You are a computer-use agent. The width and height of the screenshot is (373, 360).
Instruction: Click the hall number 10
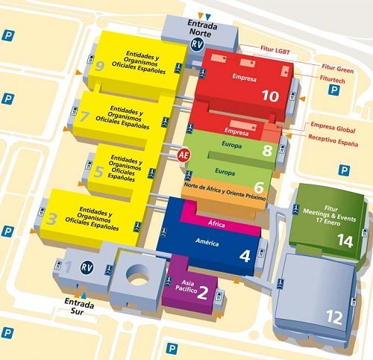269,95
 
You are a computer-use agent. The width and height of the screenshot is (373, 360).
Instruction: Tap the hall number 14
345,240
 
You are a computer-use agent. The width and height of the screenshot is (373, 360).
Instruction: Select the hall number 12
334,317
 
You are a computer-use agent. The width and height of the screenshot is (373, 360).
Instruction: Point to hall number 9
100,66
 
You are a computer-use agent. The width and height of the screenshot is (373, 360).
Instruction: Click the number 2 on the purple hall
201,292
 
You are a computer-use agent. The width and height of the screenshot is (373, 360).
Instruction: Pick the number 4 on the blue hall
245,255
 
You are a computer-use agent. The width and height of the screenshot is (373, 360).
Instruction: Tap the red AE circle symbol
183,155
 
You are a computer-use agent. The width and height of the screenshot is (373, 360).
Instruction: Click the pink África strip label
215,223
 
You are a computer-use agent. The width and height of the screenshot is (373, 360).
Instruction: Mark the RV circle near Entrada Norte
197,45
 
